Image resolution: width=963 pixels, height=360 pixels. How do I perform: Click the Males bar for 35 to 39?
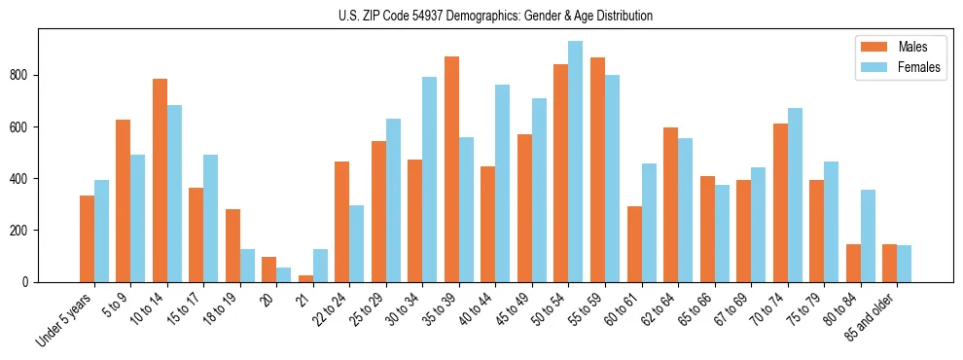451,169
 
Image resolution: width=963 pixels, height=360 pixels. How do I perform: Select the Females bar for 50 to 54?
576,162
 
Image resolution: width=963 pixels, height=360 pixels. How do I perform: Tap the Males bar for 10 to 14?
160,180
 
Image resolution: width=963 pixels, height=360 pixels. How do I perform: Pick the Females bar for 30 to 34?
430,179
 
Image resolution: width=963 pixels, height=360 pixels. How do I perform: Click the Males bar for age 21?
305,278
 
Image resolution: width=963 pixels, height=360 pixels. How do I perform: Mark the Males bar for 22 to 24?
342,222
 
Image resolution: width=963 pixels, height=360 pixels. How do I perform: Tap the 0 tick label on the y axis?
31,282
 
